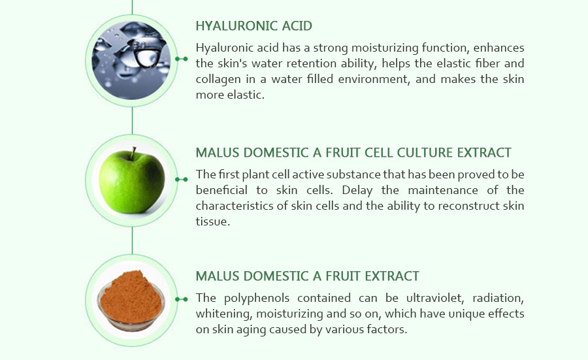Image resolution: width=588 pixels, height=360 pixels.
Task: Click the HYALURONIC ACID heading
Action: click(x=253, y=27)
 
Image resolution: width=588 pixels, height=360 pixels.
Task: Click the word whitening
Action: click(x=221, y=314)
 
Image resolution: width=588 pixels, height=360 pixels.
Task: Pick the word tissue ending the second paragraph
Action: click(x=212, y=222)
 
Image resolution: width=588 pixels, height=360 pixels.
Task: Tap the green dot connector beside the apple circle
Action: click(x=182, y=178)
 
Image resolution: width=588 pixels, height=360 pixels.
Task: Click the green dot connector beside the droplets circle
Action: click(x=182, y=59)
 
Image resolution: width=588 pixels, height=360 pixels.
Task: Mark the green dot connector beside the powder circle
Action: click(x=182, y=299)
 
